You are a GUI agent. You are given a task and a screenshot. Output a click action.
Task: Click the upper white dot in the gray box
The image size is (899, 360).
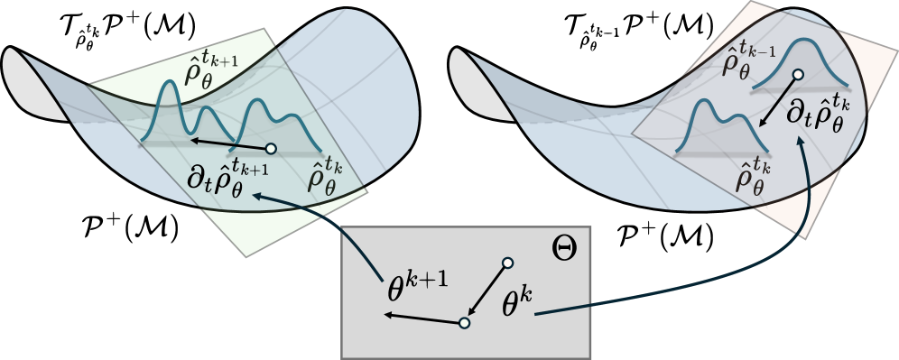(x=507, y=263)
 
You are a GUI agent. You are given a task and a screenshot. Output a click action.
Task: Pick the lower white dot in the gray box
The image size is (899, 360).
(x=464, y=322)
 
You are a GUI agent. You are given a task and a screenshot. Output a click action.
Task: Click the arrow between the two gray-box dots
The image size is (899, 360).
(x=487, y=291)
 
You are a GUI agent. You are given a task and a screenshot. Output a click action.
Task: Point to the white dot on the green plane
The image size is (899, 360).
(x=270, y=148)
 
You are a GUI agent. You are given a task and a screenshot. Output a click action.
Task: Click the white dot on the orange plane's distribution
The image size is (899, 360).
(x=798, y=76)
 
